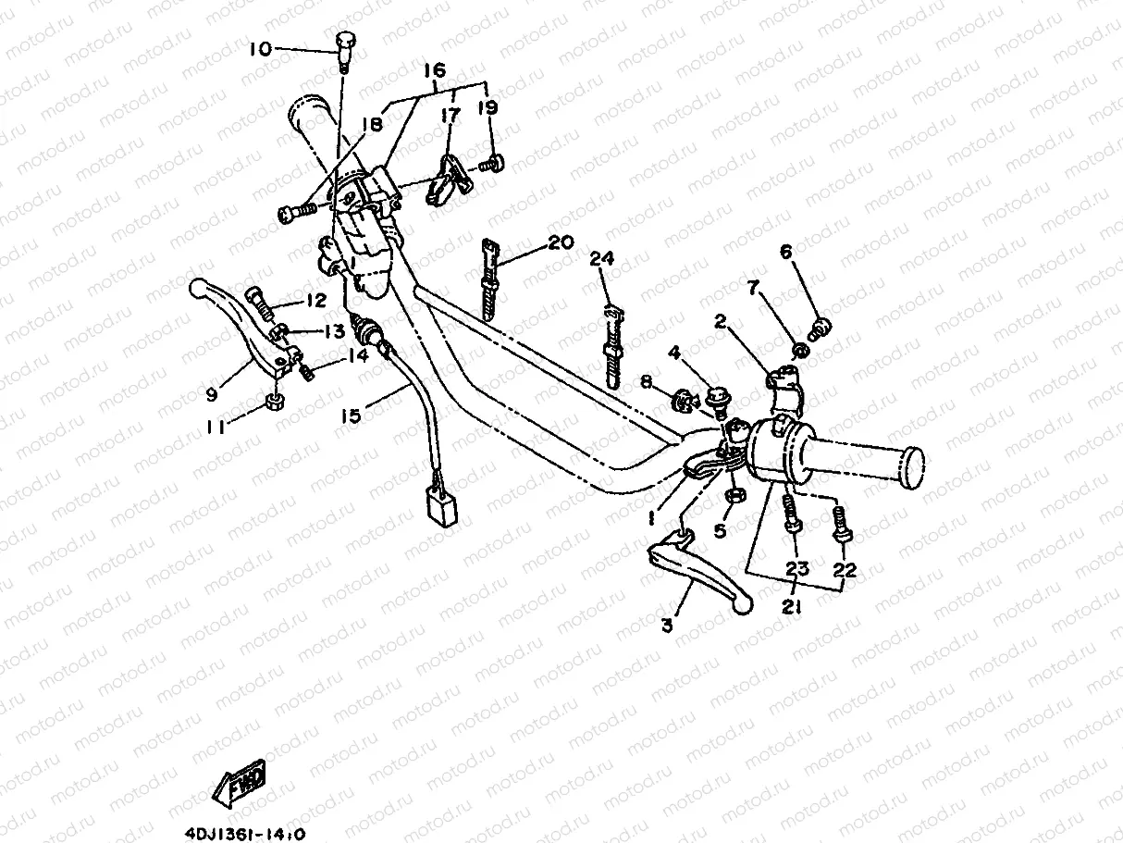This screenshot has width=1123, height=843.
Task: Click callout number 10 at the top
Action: (x=261, y=48)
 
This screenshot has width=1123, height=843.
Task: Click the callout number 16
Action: (x=434, y=70)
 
